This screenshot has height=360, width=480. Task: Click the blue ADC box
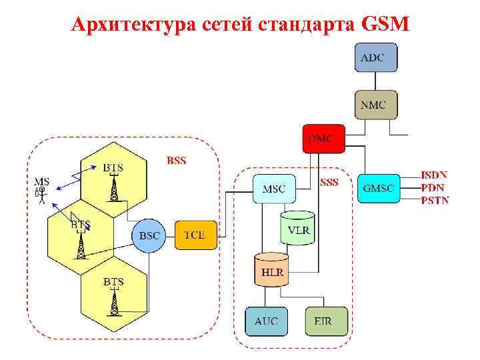pyautogui.click(x=376, y=57)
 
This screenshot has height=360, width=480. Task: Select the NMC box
pyautogui.click(x=376, y=104)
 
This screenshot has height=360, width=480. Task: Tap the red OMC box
pyautogui.click(x=323, y=139)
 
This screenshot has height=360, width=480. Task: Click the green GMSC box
pyautogui.click(x=378, y=189)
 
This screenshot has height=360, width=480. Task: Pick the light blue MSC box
pyautogui.click(x=273, y=189)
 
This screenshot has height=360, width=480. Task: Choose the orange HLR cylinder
pyautogui.click(x=271, y=269)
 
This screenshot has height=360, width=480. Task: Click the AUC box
pyautogui.click(x=266, y=321)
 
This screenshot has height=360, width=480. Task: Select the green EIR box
pyautogui.click(x=327, y=321)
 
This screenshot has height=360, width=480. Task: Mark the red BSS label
pyautogui.click(x=177, y=160)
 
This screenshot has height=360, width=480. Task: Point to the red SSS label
pyautogui.click(x=329, y=181)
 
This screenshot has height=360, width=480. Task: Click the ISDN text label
pyautogui.click(x=434, y=175)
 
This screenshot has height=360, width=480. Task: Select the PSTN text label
pyautogui.click(x=435, y=199)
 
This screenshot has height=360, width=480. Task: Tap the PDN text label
pyautogui.click(x=432, y=187)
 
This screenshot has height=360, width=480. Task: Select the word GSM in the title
pyautogui.click(x=386, y=25)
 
